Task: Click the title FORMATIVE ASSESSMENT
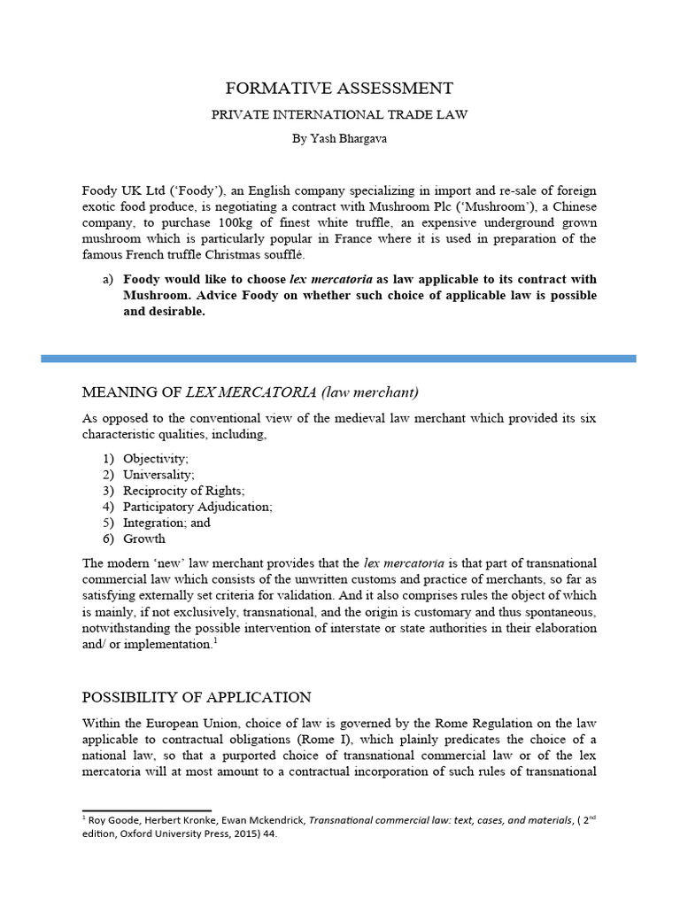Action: click(x=339, y=88)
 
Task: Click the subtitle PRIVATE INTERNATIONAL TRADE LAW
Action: click(x=339, y=115)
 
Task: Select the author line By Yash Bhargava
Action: click(x=339, y=138)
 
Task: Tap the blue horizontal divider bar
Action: click(x=339, y=359)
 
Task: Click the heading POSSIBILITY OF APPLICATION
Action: click(x=197, y=696)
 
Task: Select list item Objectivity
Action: click(x=156, y=459)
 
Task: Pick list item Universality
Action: click(x=158, y=475)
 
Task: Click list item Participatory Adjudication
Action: click(x=197, y=507)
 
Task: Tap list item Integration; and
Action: click(x=166, y=523)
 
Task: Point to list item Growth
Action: click(x=144, y=539)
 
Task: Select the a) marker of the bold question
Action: click(x=108, y=278)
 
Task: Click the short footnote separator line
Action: click(x=146, y=810)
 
